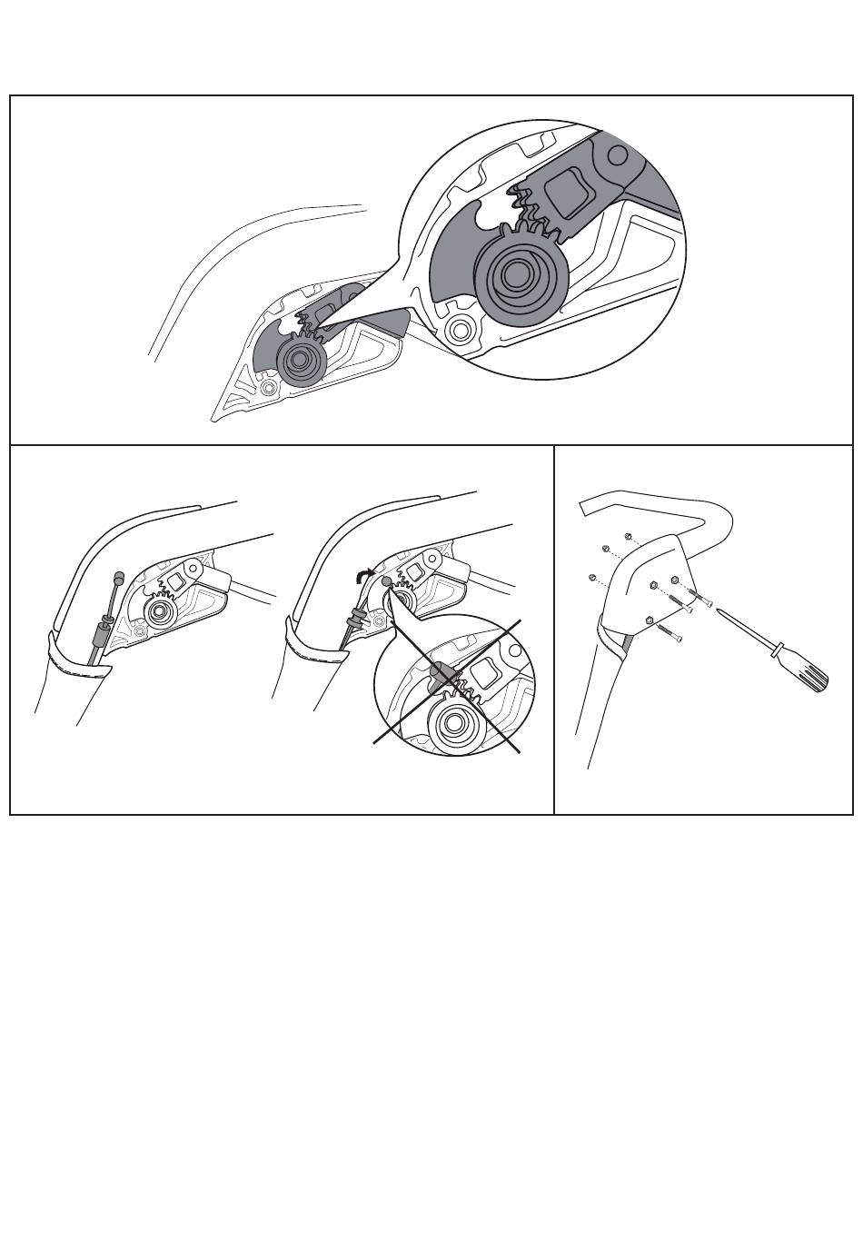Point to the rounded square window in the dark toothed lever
569,191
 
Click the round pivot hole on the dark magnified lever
616,155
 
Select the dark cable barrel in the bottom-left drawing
104,628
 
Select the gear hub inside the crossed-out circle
460,725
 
